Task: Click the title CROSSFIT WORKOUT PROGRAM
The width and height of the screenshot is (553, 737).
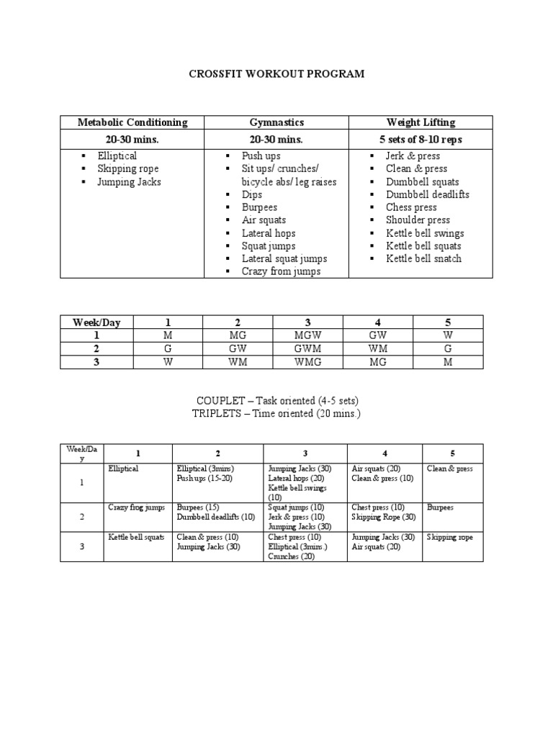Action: click(x=276, y=73)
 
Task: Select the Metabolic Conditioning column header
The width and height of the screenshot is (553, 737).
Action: click(x=132, y=122)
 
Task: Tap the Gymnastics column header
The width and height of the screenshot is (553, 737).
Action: click(x=276, y=122)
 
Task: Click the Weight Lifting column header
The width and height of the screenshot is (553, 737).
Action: click(x=421, y=122)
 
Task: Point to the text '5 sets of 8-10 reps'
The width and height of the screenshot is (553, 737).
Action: click(x=421, y=140)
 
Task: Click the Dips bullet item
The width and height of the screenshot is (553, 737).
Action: click(x=252, y=194)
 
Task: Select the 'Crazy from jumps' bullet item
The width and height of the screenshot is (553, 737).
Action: click(x=281, y=271)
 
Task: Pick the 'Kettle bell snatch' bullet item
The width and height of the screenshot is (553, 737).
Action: click(x=423, y=258)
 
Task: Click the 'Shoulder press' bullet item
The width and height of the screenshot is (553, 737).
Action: click(x=418, y=220)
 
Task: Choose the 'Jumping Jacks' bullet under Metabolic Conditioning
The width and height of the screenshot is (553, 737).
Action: click(x=129, y=182)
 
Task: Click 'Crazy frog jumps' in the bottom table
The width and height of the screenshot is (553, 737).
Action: click(x=136, y=507)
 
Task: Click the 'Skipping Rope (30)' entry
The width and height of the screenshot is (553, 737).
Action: click(x=383, y=517)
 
